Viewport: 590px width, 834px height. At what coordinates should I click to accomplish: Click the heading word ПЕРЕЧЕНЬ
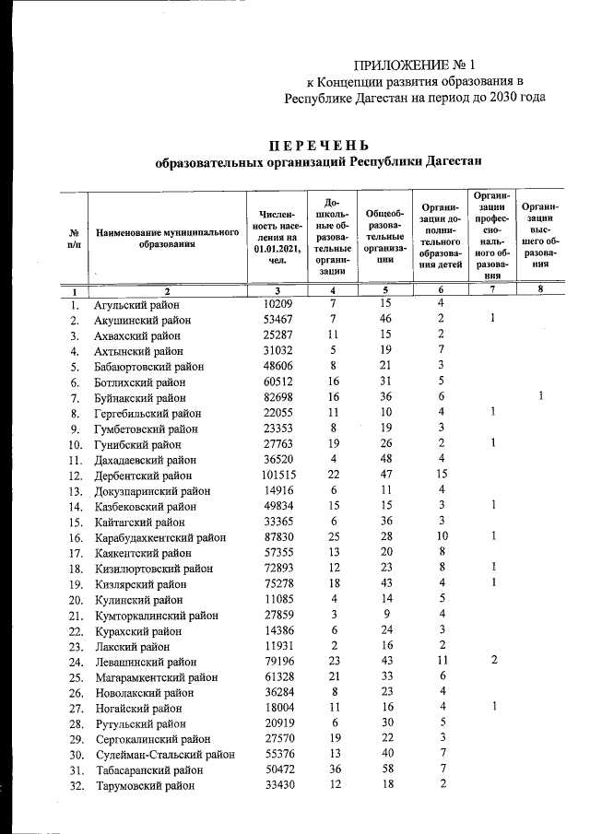point(318,146)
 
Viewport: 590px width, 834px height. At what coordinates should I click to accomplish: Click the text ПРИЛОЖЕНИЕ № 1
point(414,65)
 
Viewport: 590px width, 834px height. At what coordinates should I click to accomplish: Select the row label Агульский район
point(136,304)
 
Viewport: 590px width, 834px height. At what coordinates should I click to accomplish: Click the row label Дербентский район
point(144,476)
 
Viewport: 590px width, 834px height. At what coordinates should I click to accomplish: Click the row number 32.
point(77,786)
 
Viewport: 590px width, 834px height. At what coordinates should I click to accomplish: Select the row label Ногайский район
point(137,708)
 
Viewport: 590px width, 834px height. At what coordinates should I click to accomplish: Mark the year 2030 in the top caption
point(503,96)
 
